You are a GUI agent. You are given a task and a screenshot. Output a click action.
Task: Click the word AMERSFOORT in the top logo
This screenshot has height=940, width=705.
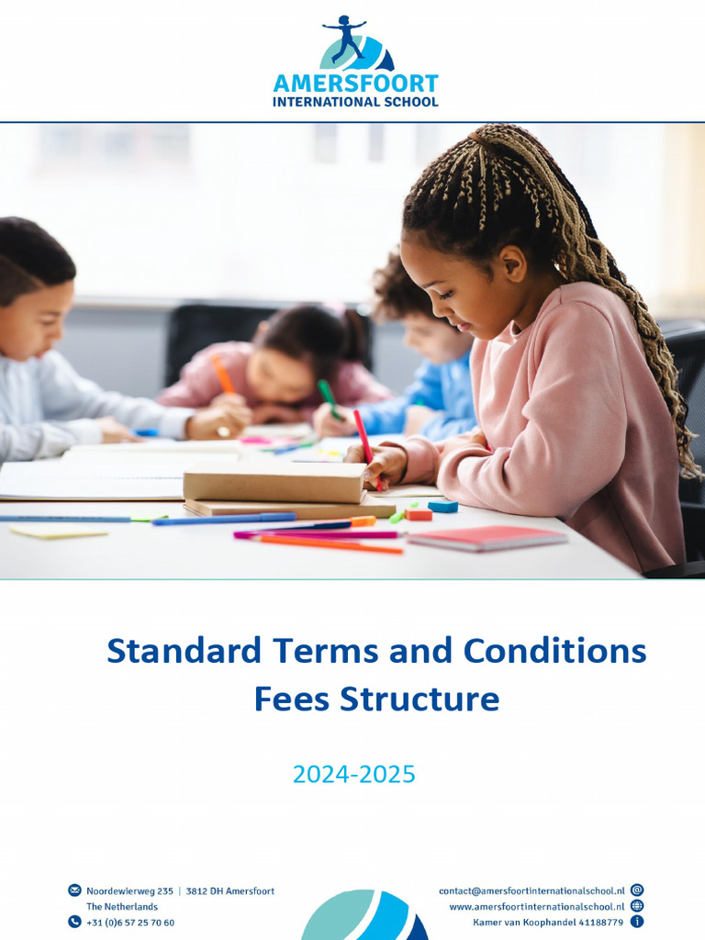pyautogui.click(x=355, y=84)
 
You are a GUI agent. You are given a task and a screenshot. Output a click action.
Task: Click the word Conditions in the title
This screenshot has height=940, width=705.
pyautogui.click(x=554, y=651)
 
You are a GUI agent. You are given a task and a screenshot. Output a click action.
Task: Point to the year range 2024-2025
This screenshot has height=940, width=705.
pyautogui.click(x=353, y=775)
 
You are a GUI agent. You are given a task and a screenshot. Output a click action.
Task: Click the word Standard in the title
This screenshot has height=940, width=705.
pyautogui.click(x=184, y=651)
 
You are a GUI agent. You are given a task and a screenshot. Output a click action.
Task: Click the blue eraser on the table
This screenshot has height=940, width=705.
pyautogui.click(x=442, y=506)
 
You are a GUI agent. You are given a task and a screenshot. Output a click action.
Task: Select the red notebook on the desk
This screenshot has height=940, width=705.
pyautogui.click(x=487, y=538)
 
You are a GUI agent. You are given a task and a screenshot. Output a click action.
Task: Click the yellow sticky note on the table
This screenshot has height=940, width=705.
pyautogui.click(x=59, y=532)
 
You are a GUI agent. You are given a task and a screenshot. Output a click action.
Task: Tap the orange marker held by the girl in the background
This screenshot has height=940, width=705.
pyautogui.click(x=222, y=374)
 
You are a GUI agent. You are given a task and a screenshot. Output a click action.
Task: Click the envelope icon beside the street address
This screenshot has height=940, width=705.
pyautogui.click(x=74, y=890)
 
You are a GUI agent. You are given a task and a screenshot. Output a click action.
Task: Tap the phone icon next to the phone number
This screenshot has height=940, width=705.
pyautogui.click(x=74, y=922)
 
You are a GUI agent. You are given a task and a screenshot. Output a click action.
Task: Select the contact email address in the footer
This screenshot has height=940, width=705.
pyautogui.click(x=532, y=890)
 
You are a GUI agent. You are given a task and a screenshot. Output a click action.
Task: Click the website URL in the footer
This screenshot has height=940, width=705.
pyautogui.click(x=536, y=906)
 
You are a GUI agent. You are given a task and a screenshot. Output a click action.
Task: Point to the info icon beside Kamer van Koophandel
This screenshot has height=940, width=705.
pyautogui.click(x=637, y=922)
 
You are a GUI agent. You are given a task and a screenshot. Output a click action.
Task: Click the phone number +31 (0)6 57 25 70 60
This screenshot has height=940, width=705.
pyautogui.click(x=130, y=923)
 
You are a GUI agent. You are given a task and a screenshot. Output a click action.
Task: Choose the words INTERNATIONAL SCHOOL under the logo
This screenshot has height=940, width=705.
pyautogui.click(x=355, y=102)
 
